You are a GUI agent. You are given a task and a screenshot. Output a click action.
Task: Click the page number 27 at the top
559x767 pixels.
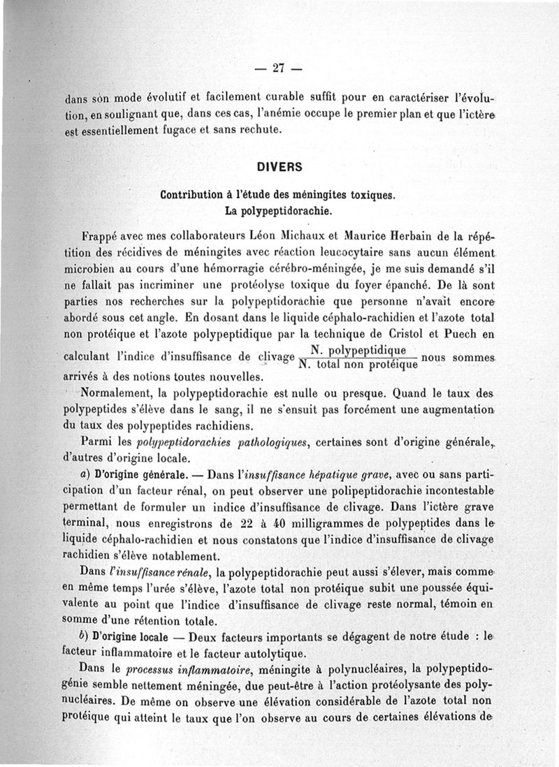(x=279, y=68)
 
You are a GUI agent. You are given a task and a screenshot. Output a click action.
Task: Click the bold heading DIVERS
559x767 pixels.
(x=279, y=167)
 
